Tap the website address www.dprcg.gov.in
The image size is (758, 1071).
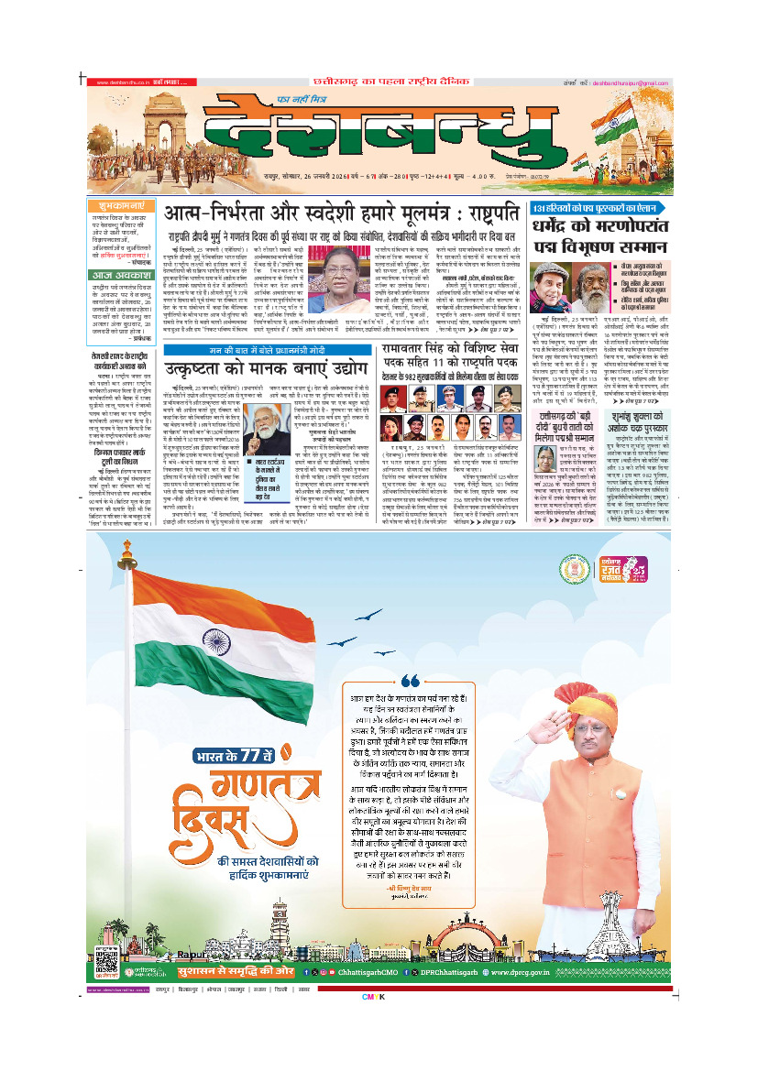[x=542, y=969]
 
